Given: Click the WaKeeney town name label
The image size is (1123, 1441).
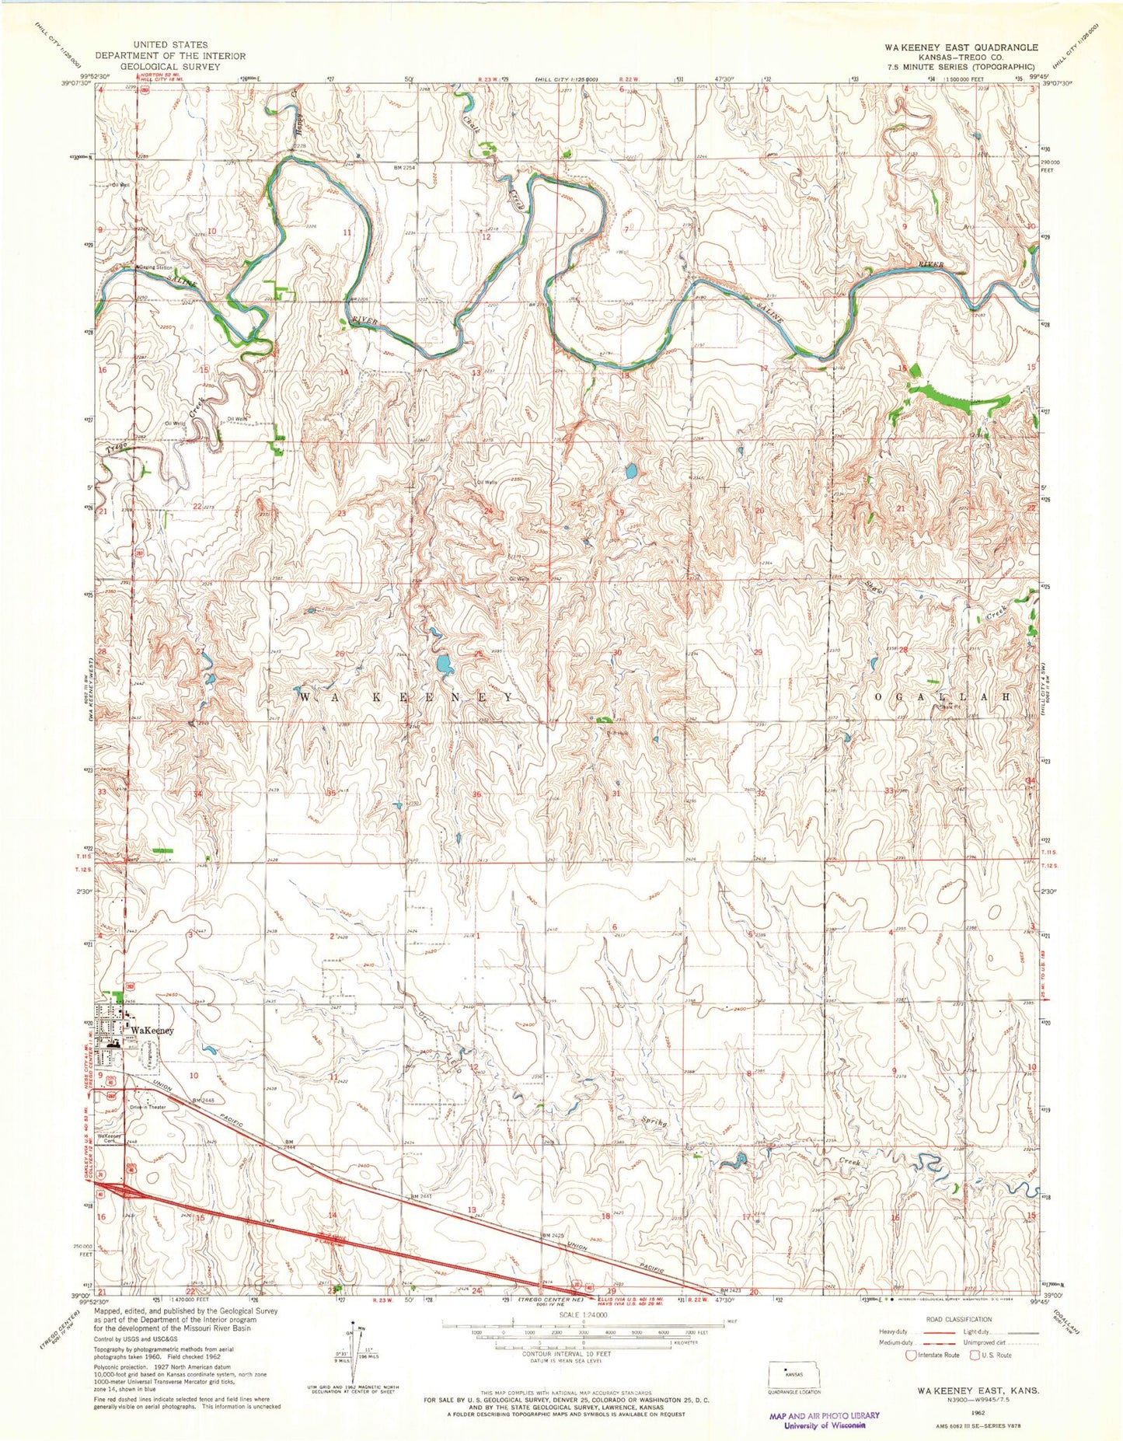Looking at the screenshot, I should (x=152, y=1031).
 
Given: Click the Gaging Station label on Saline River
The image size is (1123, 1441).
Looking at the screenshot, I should (x=154, y=267).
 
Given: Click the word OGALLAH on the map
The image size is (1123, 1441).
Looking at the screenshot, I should (x=943, y=697).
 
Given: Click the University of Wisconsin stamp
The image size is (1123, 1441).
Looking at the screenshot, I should (x=824, y=1420).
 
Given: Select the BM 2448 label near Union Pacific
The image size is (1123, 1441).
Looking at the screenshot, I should (x=204, y=1101).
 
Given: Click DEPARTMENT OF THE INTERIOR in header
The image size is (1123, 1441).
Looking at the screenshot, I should (x=169, y=56).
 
